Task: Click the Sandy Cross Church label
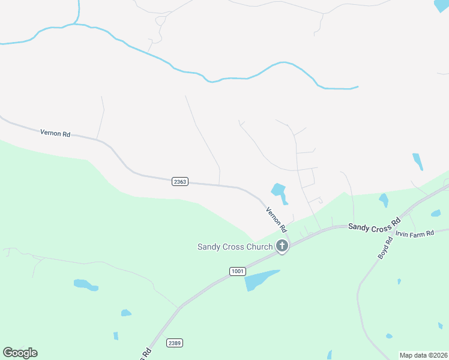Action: [x=235, y=247]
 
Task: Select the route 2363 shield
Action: [x=180, y=181]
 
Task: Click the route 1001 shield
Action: [x=238, y=272]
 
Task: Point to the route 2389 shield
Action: [x=175, y=343]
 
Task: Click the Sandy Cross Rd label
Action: [x=374, y=225]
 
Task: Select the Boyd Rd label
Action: [x=385, y=248]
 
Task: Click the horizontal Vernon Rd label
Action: [x=55, y=133]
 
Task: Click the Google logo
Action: [x=20, y=353]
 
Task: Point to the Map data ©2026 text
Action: [x=424, y=355]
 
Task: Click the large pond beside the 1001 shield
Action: [x=259, y=280]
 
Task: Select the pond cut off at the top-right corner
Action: [x=442, y=5]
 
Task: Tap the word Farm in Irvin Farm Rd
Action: [x=414, y=233]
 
